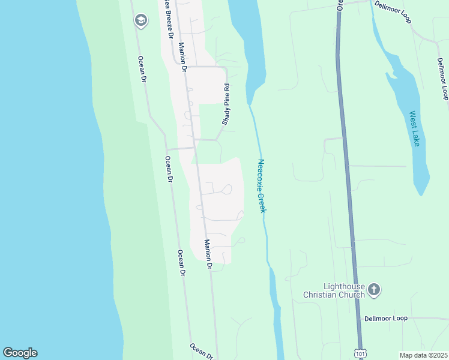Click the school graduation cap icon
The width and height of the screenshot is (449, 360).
click(141, 20)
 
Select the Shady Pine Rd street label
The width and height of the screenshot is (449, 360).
click(227, 104)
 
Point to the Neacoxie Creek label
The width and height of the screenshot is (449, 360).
click(261, 185)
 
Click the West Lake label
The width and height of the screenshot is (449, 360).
click(414, 128)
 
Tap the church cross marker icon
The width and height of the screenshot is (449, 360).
click(373, 290)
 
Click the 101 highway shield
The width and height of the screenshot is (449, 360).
click(360, 353)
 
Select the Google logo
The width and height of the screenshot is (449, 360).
click(20, 353)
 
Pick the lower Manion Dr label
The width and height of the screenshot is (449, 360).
click(208, 253)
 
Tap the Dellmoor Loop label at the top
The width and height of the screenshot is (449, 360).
click(393, 11)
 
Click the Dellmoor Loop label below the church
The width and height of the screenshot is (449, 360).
click(385, 318)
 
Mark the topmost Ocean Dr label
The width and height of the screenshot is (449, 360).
click(142, 68)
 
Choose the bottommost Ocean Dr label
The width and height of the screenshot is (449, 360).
click(201, 351)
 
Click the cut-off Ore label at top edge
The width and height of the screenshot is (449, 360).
click(340, 5)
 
